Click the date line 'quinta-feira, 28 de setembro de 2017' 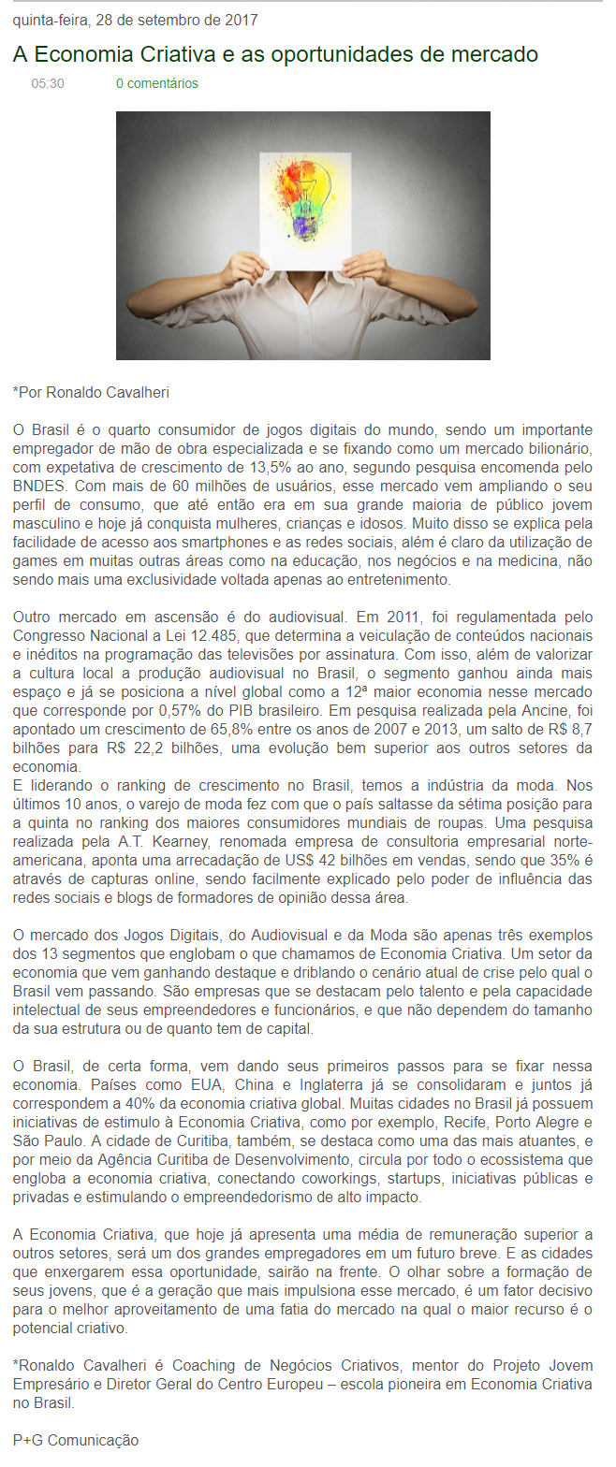(x=136, y=20)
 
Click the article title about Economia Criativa (x=275, y=54)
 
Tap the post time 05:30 (x=48, y=83)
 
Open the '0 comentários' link (x=157, y=83)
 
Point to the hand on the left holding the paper (x=242, y=269)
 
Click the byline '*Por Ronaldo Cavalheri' (x=91, y=392)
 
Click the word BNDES (x=40, y=486)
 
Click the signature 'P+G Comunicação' (x=76, y=1440)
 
